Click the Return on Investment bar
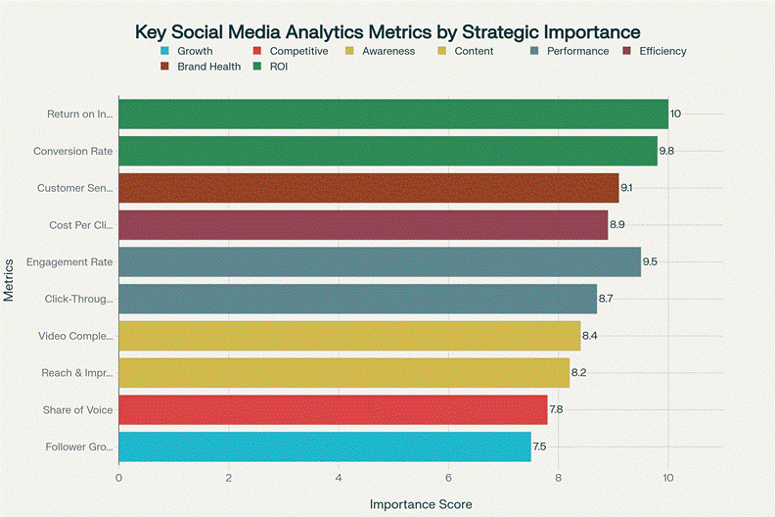pyautogui.click(x=391, y=114)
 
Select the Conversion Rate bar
pyautogui.click(x=387, y=151)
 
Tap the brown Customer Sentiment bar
pyautogui.click(x=368, y=188)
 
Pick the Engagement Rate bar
pyautogui.click(x=379, y=262)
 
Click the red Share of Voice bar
pyautogui.click(x=333, y=410)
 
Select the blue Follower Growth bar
pyautogui.click(x=324, y=447)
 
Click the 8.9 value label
pyautogui.click(x=617, y=225)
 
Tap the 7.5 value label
pyautogui.click(x=539, y=447)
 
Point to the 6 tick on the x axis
pyautogui.click(x=448, y=478)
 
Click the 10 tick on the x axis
pyautogui.click(x=668, y=478)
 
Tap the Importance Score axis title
pyautogui.click(x=421, y=504)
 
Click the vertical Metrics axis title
pyautogui.click(x=9, y=280)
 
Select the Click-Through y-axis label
pyautogui.click(x=79, y=300)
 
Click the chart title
pyautogui.click(x=387, y=32)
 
